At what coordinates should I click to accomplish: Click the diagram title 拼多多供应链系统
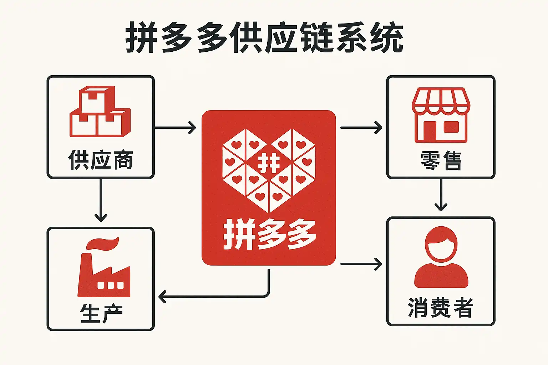click(x=264, y=38)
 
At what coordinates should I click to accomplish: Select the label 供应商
click(x=101, y=160)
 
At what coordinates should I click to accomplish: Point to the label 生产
click(x=101, y=313)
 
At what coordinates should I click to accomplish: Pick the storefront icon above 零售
click(x=441, y=115)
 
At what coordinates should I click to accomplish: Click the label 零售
click(x=441, y=160)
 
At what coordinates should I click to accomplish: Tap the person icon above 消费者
click(x=441, y=257)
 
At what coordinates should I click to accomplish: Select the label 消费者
click(x=441, y=307)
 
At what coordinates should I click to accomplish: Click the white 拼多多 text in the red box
click(x=269, y=235)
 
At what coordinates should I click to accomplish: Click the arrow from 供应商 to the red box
click(x=175, y=127)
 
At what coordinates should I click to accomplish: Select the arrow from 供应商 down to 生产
click(x=101, y=200)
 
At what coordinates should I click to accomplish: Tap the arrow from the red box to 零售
click(x=361, y=127)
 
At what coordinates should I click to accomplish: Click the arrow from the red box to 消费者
click(x=361, y=264)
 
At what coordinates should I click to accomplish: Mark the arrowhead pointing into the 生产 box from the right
click(x=162, y=296)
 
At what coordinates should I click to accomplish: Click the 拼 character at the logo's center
click(x=269, y=164)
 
